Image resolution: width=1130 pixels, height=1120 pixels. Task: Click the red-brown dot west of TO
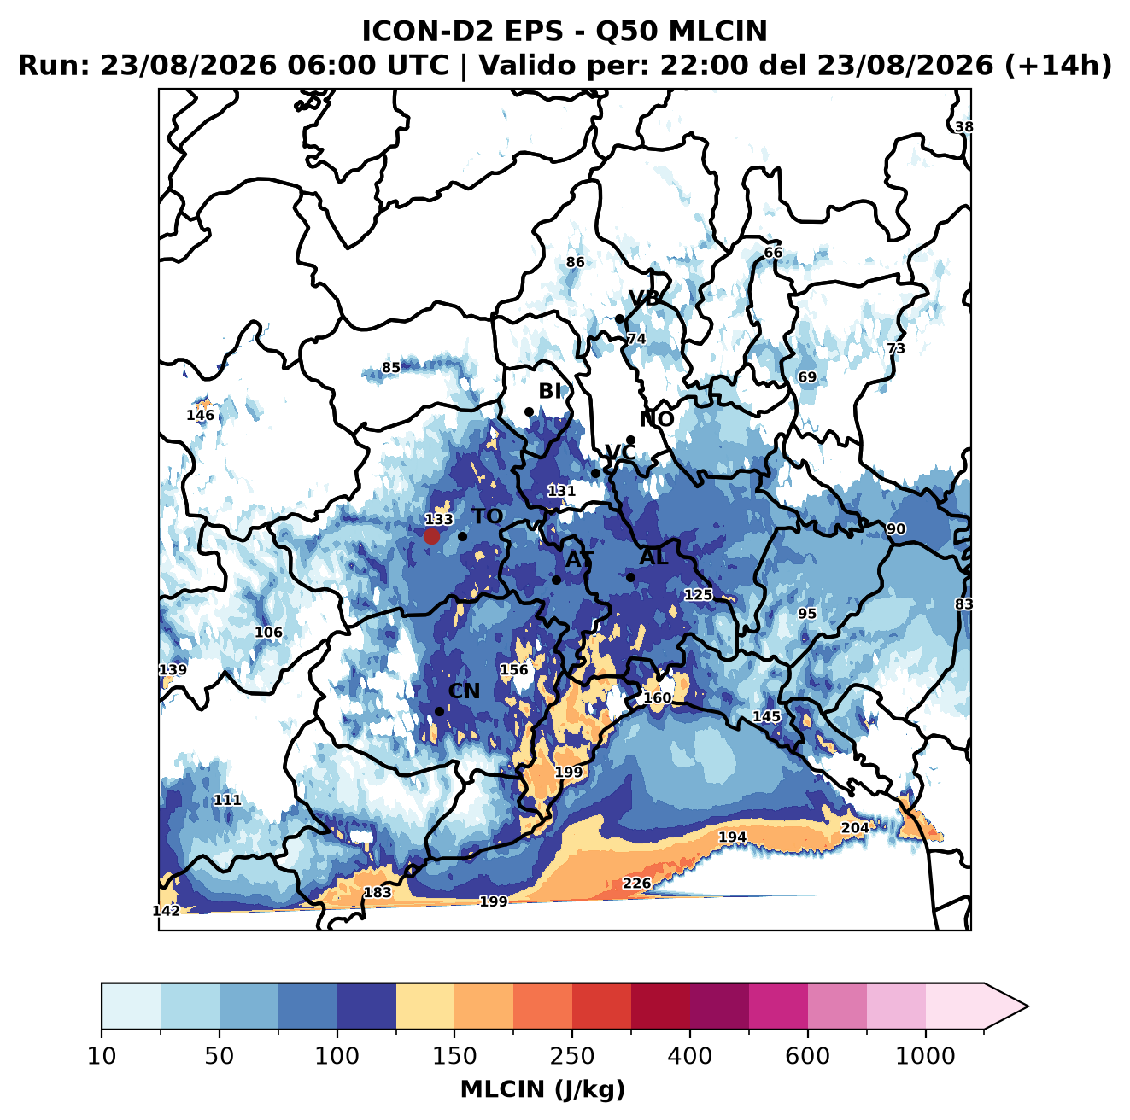[x=431, y=536]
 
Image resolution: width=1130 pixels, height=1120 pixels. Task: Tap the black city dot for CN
[x=439, y=711]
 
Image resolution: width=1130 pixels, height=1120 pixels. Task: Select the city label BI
[x=549, y=391]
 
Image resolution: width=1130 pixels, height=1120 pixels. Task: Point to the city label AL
[x=653, y=557]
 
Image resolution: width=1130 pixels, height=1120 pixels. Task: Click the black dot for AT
[x=556, y=580]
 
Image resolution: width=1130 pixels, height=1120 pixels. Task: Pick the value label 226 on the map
[x=636, y=883]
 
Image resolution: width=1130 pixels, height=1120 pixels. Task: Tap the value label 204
[x=855, y=827]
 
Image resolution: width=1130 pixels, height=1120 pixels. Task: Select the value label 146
[x=200, y=416]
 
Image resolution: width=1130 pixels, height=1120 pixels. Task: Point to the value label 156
[x=513, y=669]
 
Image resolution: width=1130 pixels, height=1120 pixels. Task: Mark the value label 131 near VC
[x=561, y=491]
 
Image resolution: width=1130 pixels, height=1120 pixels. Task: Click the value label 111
[x=227, y=800]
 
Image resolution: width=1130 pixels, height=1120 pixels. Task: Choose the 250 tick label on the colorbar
[x=571, y=1056]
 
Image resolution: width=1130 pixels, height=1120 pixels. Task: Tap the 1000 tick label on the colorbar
[x=925, y=1056]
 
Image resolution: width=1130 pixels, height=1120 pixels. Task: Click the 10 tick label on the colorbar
[x=102, y=1056]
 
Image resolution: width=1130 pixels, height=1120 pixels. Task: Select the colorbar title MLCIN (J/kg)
[x=543, y=1089]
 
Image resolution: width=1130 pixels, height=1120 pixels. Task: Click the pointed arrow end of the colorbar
[x=1028, y=1006]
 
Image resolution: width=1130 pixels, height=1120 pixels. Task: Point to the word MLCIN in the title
[x=717, y=32]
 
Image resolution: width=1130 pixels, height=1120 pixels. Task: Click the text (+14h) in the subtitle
[x=1058, y=66]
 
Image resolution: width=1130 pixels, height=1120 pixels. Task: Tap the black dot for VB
[x=619, y=318]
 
